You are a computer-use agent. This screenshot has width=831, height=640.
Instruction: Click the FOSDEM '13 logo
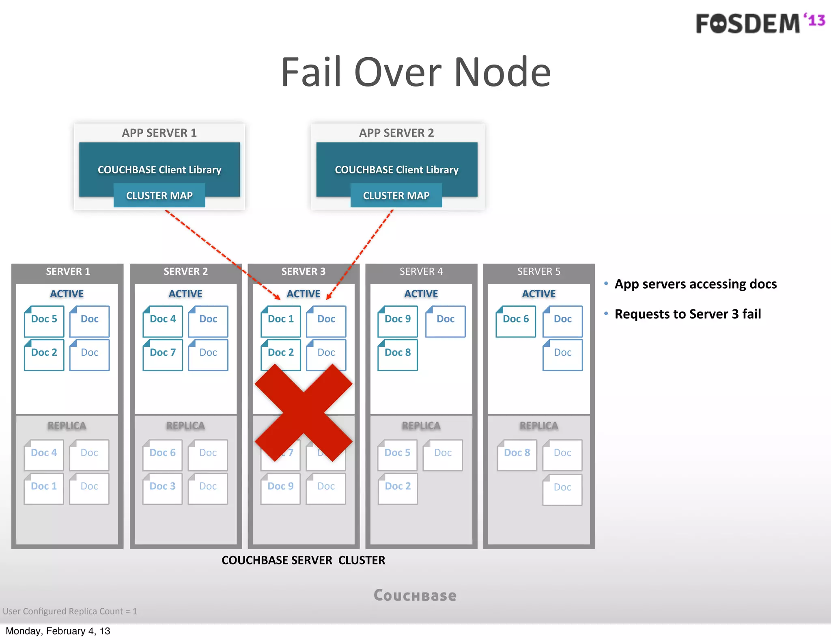click(x=760, y=23)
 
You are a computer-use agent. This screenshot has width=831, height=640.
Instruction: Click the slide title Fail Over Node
click(x=415, y=72)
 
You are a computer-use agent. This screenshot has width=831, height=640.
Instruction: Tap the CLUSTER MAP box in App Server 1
click(x=159, y=195)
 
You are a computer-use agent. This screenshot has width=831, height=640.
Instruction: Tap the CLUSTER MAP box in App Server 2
click(x=396, y=195)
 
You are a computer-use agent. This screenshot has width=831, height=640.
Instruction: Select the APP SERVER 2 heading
click(x=396, y=133)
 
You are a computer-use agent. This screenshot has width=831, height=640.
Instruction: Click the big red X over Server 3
click(x=304, y=412)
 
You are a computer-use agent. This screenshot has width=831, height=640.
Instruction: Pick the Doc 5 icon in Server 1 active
click(x=44, y=321)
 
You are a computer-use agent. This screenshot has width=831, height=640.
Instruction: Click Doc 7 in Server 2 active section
click(x=162, y=354)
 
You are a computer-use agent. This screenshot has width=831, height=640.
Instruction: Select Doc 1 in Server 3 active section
click(x=280, y=321)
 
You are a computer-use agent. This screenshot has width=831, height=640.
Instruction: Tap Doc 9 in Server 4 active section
click(x=397, y=321)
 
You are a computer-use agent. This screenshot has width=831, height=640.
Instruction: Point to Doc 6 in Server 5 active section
click(x=515, y=321)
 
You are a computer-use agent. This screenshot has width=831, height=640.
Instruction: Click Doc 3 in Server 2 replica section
click(x=162, y=488)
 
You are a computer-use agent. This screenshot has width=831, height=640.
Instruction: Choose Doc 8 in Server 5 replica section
click(x=517, y=454)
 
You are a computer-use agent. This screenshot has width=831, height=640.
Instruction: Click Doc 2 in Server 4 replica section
click(x=397, y=488)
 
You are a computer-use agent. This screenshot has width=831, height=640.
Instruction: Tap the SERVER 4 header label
click(x=421, y=271)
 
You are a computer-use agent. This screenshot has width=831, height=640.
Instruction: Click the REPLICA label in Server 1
click(x=67, y=426)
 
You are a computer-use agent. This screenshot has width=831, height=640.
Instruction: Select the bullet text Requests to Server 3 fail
click(x=687, y=314)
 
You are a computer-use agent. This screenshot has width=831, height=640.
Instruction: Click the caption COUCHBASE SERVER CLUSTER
click(x=303, y=560)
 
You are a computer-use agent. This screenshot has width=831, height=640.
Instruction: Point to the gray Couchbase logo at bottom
click(x=415, y=595)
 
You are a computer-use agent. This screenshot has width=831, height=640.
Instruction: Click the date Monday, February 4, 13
click(x=58, y=631)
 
